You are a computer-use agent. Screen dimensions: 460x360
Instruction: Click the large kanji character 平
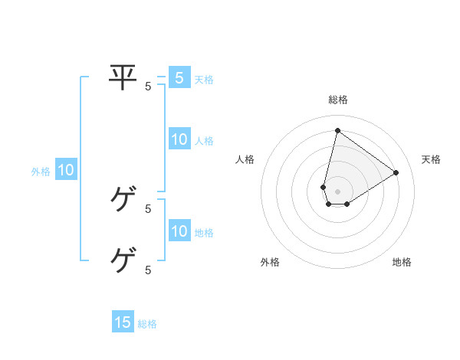point(123,77)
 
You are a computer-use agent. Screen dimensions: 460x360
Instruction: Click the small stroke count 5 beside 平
point(148,87)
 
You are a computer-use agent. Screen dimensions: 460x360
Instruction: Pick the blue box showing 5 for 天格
point(179,77)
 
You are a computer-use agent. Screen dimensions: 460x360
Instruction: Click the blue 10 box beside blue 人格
point(179,139)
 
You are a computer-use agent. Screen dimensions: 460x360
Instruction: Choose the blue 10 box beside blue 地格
point(179,231)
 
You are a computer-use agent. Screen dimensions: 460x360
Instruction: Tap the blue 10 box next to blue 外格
point(66,170)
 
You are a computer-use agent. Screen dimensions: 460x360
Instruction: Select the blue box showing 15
point(123,322)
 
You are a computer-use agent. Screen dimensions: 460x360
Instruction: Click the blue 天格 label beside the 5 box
point(204,80)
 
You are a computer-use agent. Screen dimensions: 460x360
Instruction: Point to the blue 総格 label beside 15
point(147,324)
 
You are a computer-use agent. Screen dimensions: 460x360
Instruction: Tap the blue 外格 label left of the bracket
point(41,172)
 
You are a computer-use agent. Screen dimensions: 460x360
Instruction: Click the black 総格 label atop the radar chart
point(337,100)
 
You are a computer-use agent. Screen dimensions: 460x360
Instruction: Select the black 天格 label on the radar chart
point(431,159)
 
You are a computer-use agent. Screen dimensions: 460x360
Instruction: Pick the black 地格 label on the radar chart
point(402,262)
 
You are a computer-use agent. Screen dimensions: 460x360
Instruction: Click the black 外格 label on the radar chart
point(270,262)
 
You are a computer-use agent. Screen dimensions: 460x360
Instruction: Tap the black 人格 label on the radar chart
point(245,159)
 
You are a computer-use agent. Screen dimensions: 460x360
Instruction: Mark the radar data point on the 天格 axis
point(396,172)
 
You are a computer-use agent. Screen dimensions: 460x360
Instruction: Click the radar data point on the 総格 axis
point(337,130)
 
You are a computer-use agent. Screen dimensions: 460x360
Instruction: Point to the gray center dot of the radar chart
point(337,191)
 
